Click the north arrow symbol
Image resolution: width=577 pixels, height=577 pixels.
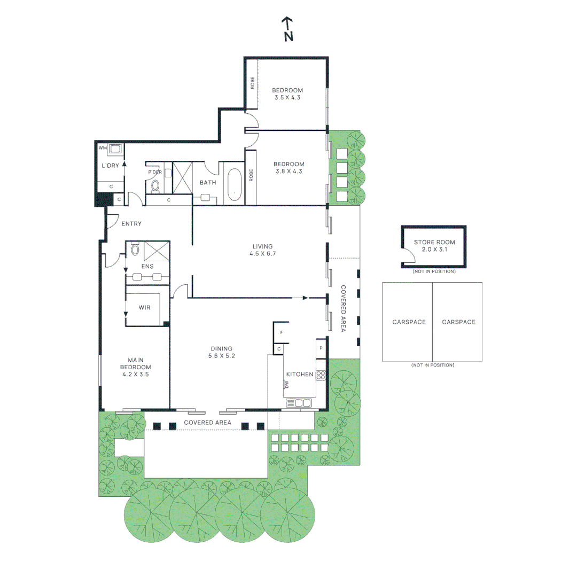(288, 29)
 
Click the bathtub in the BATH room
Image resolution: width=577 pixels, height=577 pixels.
(234, 184)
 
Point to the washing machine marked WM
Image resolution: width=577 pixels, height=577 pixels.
(114, 149)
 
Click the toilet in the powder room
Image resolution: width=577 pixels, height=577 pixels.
(155, 185)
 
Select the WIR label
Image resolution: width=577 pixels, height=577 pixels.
(144, 308)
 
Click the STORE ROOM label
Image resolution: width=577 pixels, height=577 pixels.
(434, 246)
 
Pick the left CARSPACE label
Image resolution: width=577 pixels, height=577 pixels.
(409, 322)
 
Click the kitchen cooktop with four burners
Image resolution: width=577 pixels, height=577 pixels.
(321, 375)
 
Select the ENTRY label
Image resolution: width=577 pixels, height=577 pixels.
(131, 223)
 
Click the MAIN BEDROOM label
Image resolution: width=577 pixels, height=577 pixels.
(136, 367)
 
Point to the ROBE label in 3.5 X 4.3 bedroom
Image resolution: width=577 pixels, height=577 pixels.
(252, 83)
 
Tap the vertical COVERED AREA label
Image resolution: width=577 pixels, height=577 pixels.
(344, 308)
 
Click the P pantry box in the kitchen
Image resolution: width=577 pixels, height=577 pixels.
(321, 348)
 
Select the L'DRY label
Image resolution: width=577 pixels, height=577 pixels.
(110, 166)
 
